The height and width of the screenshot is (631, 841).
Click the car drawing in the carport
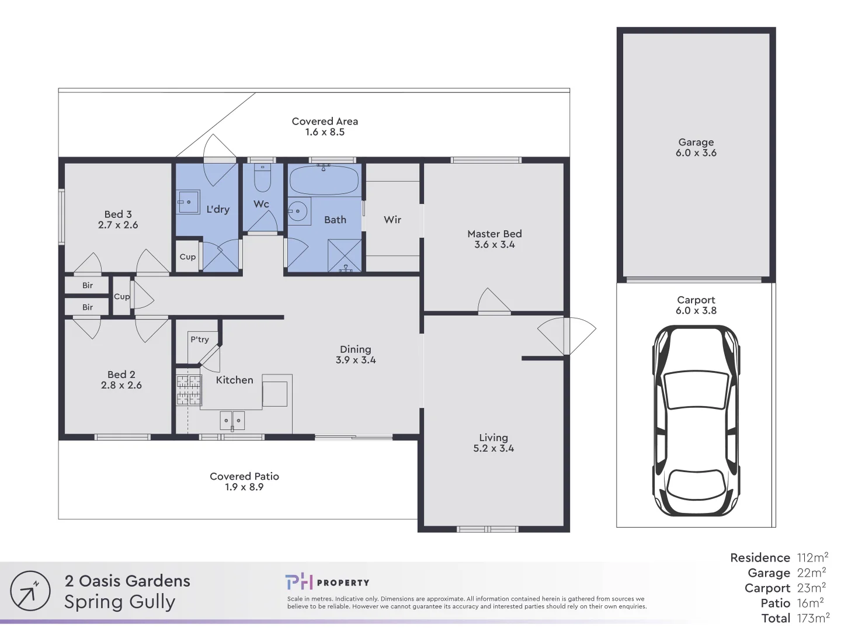(696, 421)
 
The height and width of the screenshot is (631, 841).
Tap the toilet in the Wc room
(262, 178)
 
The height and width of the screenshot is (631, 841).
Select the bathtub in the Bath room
(324, 179)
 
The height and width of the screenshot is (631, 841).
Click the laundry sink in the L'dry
(187, 202)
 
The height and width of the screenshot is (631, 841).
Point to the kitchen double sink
(232, 421)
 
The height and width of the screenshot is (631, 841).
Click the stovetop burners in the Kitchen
(189, 390)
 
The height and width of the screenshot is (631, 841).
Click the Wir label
(392, 220)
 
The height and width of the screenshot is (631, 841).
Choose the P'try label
(200, 339)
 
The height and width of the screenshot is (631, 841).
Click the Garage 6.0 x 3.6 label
(696, 147)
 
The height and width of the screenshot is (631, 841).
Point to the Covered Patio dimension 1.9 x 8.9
(244, 487)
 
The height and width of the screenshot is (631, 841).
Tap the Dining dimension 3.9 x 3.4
(356, 360)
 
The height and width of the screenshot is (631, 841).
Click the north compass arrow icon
(30, 591)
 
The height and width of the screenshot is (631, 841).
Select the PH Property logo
(327, 582)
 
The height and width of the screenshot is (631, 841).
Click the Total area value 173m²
(813, 618)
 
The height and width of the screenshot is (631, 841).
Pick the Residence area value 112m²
(812, 557)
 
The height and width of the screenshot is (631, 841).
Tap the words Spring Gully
(120, 602)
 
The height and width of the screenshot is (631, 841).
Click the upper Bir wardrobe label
(88, 286)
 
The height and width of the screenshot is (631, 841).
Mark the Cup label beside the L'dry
(187, 257)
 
